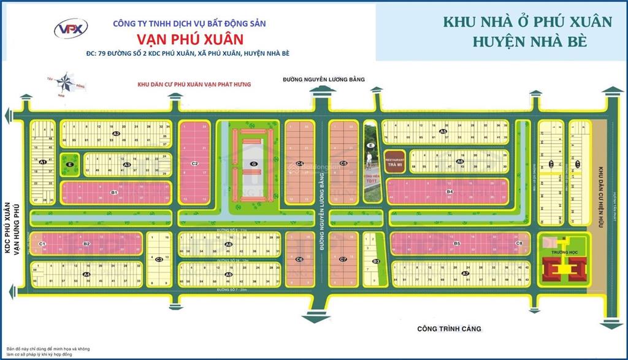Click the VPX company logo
coord(71,27)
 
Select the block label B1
coord(114,193)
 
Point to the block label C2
coord(194,163)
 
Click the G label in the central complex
coord(253,163)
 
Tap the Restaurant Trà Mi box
coord(394,161)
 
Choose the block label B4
coord(449,192)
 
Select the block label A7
coord(465,273)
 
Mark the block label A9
coord(228,275)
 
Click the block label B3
coord(377,262)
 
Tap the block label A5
coord(443,131)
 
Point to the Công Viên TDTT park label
coord(370,179)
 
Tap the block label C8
coord(519,243)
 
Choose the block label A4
coord(87,274)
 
